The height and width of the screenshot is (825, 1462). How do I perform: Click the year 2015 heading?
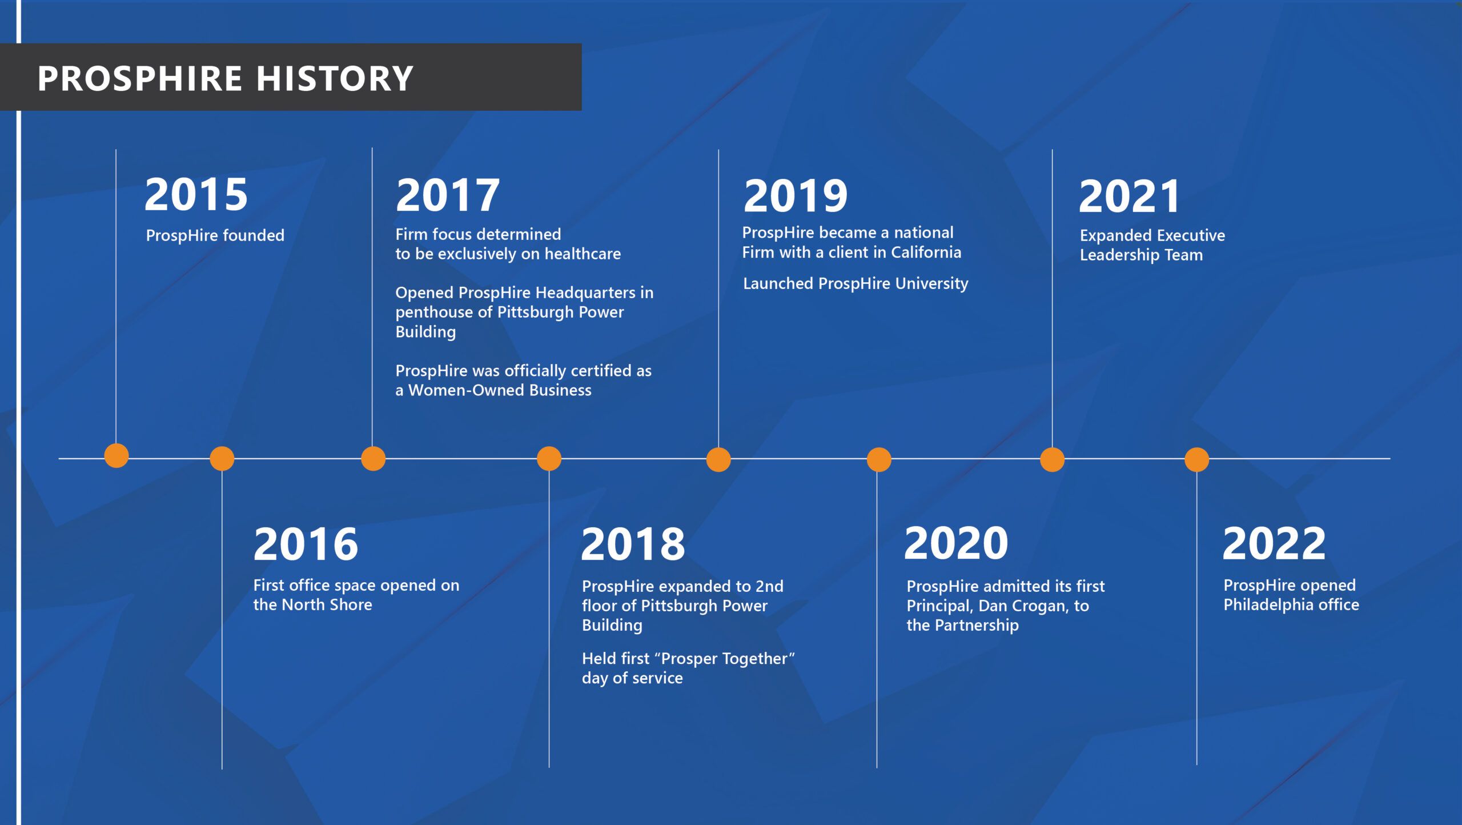[x=196, y=194]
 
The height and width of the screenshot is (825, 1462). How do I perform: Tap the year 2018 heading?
[x=633, y=544]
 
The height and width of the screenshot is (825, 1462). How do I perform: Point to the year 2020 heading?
[x=956, y=543]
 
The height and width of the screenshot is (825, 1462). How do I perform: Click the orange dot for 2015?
[x=117, y=455]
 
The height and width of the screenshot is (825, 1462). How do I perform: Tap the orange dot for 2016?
[x=222, y=459]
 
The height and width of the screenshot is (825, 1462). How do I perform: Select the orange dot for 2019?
[x=718, y=459]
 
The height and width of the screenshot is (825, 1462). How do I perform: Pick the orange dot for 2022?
[x=1197, y=459]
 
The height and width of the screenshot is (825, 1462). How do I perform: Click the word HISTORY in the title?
[x=335, y=78]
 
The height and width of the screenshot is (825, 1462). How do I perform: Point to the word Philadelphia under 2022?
[x=1263, y=604]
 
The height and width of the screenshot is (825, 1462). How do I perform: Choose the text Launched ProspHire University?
[x=855, y=283]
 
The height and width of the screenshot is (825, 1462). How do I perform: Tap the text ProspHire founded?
[x=215, y=235]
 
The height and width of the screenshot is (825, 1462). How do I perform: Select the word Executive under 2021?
[x=1192, y=235]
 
